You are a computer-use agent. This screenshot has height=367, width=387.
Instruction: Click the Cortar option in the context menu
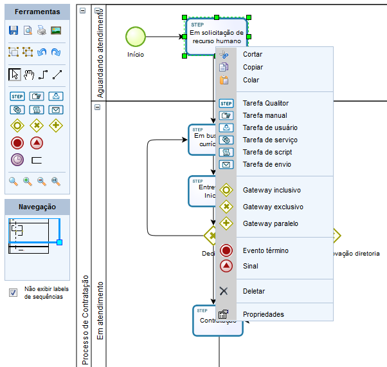[x=253, y=54]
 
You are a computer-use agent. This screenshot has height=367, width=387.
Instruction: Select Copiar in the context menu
[x=253, y=67]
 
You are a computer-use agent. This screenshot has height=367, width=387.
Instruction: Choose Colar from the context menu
[x=251, y=80]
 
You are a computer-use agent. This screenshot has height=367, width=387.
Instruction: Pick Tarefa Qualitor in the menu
[x=265, y=103]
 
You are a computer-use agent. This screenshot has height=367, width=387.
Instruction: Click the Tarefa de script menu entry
[x=267, y=152]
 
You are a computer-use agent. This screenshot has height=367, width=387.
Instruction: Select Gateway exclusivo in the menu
[x=273, y=207]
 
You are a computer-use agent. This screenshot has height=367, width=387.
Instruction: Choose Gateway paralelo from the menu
[x=270, y=223]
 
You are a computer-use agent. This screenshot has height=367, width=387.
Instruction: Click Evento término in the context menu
[x=265, y=250]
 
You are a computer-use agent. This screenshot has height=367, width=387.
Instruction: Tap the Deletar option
[x=253, y=291]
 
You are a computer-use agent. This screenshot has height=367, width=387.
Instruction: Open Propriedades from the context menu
[x=263, y=314]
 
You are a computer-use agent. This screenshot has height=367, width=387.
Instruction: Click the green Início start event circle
[x=135, y=37]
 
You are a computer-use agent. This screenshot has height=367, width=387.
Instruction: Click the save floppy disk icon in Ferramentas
[x=14, y=30]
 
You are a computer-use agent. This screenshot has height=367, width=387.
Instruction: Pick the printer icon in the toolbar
[x=41, y=30]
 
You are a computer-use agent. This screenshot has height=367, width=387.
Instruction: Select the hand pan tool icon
[x=28, y=75]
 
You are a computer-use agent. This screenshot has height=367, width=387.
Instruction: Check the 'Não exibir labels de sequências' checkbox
[x=13, y=293]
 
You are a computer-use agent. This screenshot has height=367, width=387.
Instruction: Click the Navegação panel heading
[x=37, y=207]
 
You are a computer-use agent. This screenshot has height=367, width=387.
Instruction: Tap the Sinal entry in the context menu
[x=250, y=266]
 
